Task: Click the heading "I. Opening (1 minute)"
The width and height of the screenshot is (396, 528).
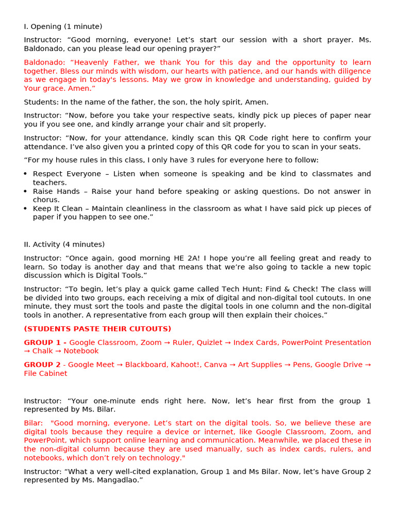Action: pos(63,26)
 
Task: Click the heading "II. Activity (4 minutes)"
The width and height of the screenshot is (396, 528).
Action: pos(64,244)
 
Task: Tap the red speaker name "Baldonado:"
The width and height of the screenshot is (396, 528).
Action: pos(42,62)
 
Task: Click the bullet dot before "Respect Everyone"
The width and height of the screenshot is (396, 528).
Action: pos(26,174)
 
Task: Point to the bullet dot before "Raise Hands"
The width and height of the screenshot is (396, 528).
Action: pos(26,192)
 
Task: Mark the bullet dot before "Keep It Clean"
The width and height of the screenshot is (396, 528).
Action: pos(26,209)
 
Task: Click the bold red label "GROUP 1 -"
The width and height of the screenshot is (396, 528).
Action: pos(45,342)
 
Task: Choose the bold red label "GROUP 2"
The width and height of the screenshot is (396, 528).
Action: pos(42,365)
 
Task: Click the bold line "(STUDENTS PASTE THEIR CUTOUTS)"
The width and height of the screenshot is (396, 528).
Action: pos(97,329)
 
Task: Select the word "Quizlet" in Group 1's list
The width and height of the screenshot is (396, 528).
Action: pos(209,342)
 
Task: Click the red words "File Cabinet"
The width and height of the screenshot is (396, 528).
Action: pos(45,373)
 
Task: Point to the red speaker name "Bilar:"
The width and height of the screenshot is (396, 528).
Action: pos(34,423)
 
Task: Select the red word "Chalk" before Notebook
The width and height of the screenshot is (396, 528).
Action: pos(43,351)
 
